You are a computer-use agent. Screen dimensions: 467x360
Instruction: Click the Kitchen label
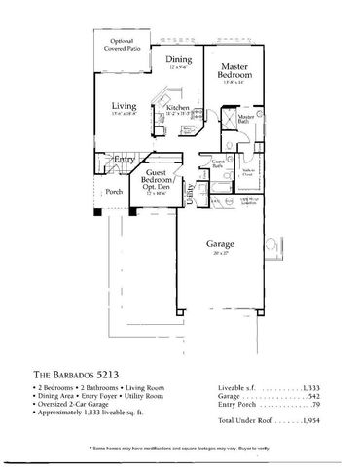point(178,109)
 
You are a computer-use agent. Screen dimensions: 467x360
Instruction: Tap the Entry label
point(124,158)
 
